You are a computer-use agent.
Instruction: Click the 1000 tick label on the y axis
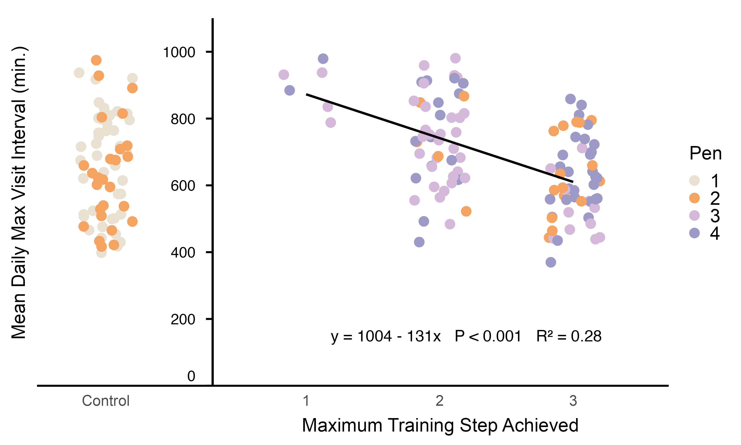point(179,52)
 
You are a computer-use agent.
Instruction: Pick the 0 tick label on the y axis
point(191,376)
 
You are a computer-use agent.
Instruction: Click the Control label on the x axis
point(106,401)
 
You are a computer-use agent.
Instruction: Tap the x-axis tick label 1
point(306,401)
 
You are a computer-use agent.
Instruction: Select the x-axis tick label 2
point(439,401)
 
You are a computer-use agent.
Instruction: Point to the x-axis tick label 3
point(573,401)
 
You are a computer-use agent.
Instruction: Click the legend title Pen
point(705,154)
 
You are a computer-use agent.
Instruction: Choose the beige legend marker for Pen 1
point(694,181)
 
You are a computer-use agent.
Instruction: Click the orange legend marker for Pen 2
point(694,198)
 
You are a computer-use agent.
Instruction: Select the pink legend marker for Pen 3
point(694,215)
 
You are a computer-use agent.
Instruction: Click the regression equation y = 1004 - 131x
point(386,336)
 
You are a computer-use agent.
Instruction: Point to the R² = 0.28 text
point(569,336)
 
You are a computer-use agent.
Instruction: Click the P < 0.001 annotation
point(488,336)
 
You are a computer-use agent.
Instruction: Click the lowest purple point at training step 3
point(551,262)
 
